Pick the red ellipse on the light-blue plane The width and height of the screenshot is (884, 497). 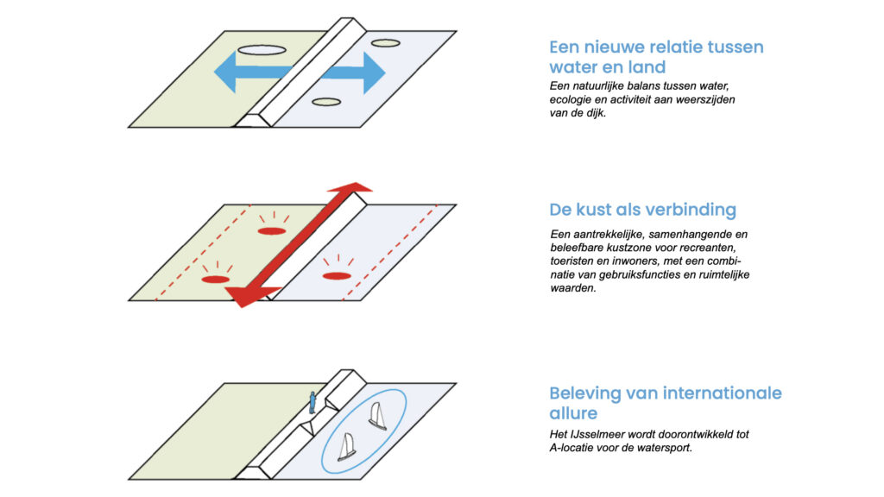pyautogui.click(x=337, y=275)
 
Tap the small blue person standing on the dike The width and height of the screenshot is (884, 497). pyautogui.click(x=313, y=402)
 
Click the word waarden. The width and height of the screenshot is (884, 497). pyautogui.click(x=573, y=289)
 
